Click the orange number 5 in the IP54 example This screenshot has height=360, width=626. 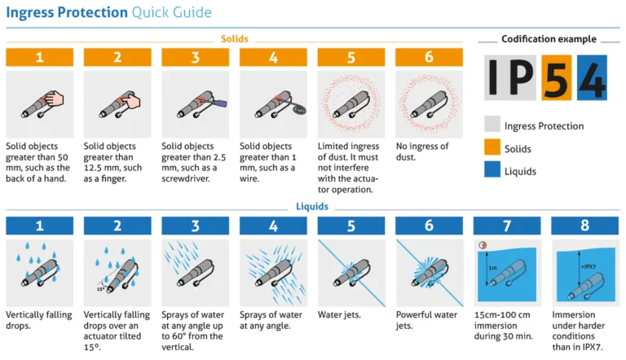tap(556, 77)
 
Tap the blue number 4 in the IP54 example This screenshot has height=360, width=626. tap(592, 77)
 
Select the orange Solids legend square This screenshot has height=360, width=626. tap(492, 147)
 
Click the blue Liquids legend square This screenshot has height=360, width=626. tap(492, 169)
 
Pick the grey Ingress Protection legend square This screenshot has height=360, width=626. tap(492, 124)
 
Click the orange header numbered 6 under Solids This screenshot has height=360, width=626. tap(429, 57)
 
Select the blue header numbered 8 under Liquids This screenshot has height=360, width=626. tap(584, 226)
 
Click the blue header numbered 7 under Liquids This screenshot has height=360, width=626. tap(507, 226)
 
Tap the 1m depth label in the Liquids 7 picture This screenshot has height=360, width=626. tap(492, 268)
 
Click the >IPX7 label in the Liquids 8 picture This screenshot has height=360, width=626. tap(588, 266)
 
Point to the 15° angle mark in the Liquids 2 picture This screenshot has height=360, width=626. tap(100, 289)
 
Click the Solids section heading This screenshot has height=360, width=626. tap(235, 39)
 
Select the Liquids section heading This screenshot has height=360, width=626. tap(312, 206)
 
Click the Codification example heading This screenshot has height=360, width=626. tap(549, 39)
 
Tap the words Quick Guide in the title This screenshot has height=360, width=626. tap(172, 12)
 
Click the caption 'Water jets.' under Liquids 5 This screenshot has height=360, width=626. tap(339, 314)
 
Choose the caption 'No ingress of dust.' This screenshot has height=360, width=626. tap(422, 151)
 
